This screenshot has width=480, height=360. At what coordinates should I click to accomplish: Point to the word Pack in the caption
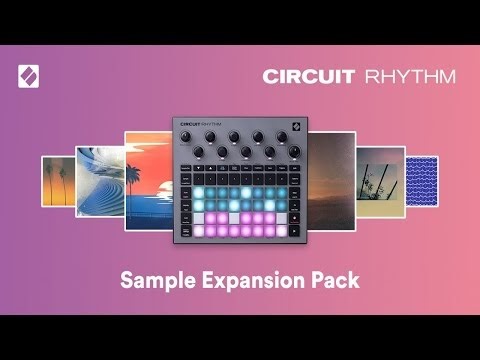[336, 280]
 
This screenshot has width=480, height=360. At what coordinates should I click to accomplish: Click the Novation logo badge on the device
[295, 127]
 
